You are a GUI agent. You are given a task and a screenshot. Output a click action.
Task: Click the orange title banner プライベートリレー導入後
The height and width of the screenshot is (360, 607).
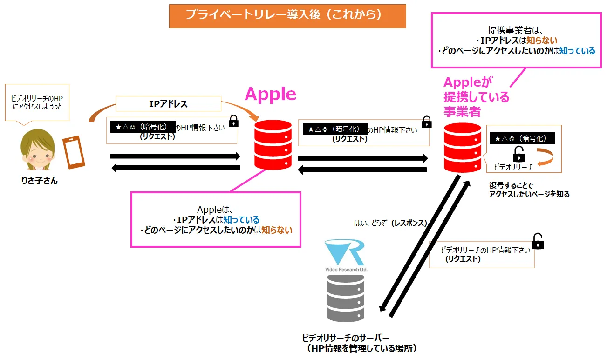[x=287, y=16]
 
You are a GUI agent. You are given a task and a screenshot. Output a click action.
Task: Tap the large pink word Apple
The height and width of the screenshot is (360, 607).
[x=270, y=94]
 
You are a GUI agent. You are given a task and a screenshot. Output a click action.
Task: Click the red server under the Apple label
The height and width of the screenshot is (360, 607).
[x=273, y=145]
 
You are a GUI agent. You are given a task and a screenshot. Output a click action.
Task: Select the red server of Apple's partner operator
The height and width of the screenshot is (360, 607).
[x=462, y=147]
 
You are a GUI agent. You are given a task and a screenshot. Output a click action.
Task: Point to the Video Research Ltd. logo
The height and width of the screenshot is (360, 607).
[x=346, y=256]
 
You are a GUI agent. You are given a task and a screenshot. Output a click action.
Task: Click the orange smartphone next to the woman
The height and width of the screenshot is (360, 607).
[x=74, y=152]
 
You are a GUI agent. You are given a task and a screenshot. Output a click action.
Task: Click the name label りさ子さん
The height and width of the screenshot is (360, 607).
[x=40, y=181]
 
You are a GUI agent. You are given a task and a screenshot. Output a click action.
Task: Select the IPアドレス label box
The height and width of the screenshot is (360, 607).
[x=168, y=104]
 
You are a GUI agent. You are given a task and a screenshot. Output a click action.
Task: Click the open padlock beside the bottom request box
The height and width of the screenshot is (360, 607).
[x=538, y=241]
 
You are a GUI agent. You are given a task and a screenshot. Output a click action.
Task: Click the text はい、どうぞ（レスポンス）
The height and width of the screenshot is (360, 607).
[x=390, y=223]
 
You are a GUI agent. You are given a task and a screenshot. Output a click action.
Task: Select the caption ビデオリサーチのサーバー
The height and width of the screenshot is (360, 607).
[x=346, y=338]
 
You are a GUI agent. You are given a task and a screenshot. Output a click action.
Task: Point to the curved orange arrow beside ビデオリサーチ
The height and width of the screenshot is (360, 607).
[x=545, y=157]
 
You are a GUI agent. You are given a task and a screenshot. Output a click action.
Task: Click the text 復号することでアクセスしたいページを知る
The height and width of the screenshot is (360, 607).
[x=529, y=190]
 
